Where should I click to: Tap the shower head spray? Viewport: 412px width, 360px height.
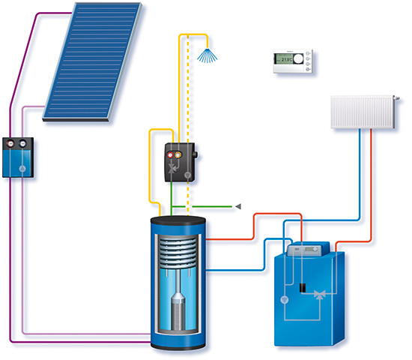(204, 53)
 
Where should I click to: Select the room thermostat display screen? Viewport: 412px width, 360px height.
(284, 60)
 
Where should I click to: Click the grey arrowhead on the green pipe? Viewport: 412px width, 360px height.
(238, 205)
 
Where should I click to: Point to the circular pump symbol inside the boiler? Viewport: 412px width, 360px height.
(285, 299)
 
